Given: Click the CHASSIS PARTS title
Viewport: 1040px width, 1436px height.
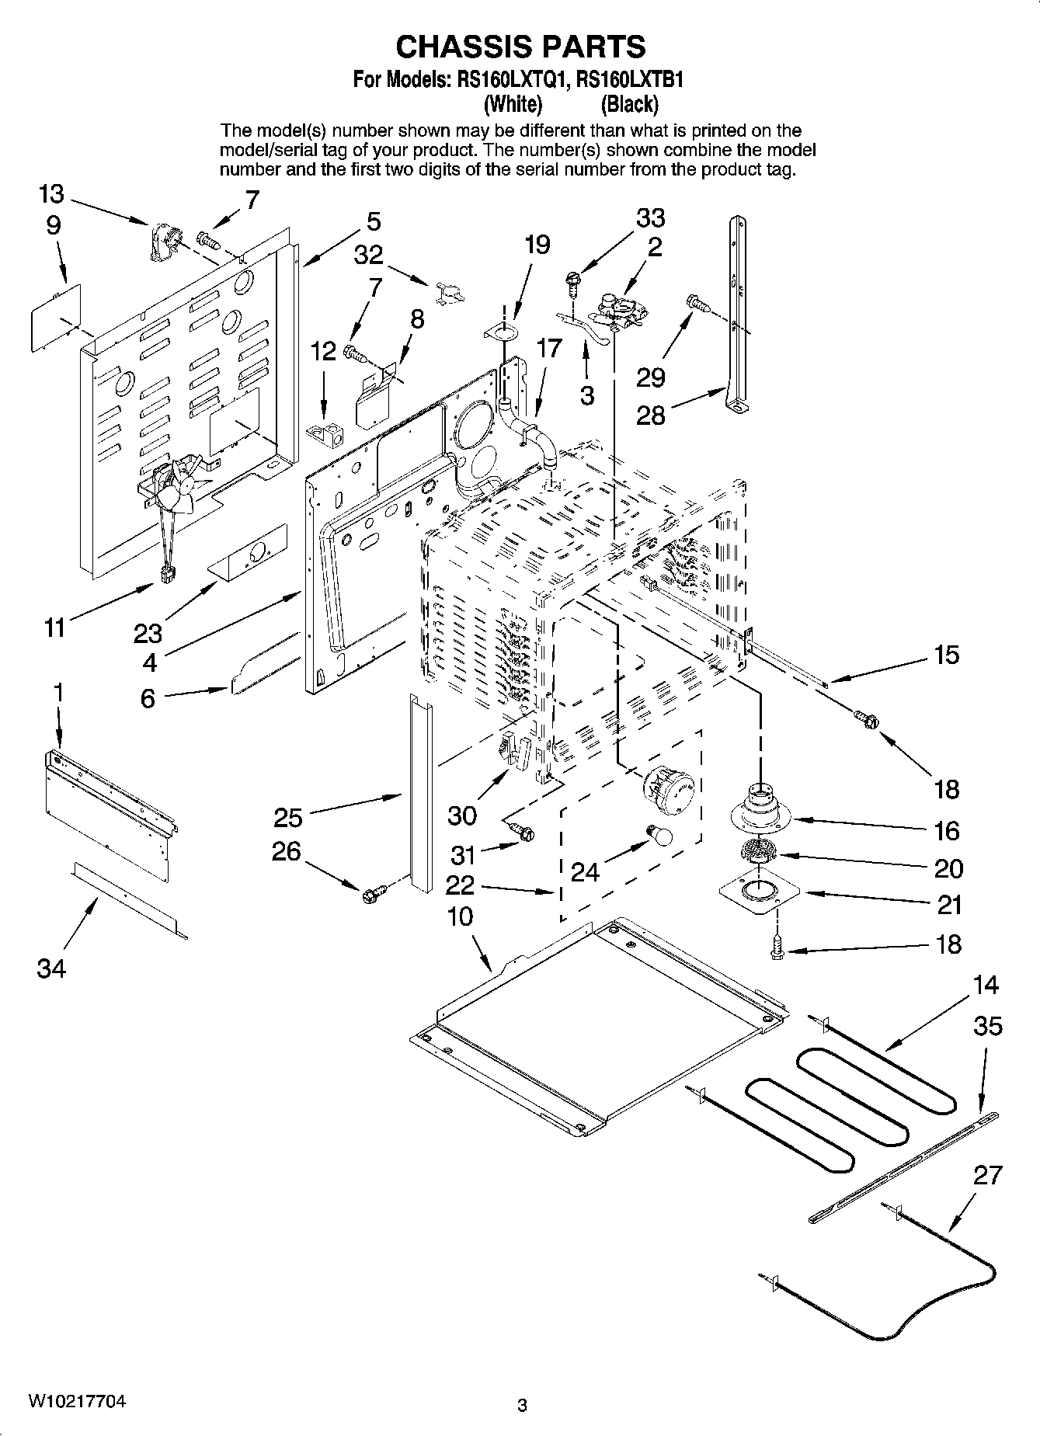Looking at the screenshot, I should (520, 47).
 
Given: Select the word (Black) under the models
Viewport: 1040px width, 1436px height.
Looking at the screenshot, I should (629, 103).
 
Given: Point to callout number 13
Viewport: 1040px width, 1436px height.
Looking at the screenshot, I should (51, 194).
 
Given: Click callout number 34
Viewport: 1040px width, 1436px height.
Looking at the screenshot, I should (51, 968).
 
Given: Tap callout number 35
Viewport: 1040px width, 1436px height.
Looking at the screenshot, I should (988, 1026).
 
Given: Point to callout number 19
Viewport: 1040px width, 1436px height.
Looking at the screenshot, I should (537, 245).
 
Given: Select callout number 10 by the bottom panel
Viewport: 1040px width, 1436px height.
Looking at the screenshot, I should (460, 916).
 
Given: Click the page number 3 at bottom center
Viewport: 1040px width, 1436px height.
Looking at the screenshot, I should (522, 1405).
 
